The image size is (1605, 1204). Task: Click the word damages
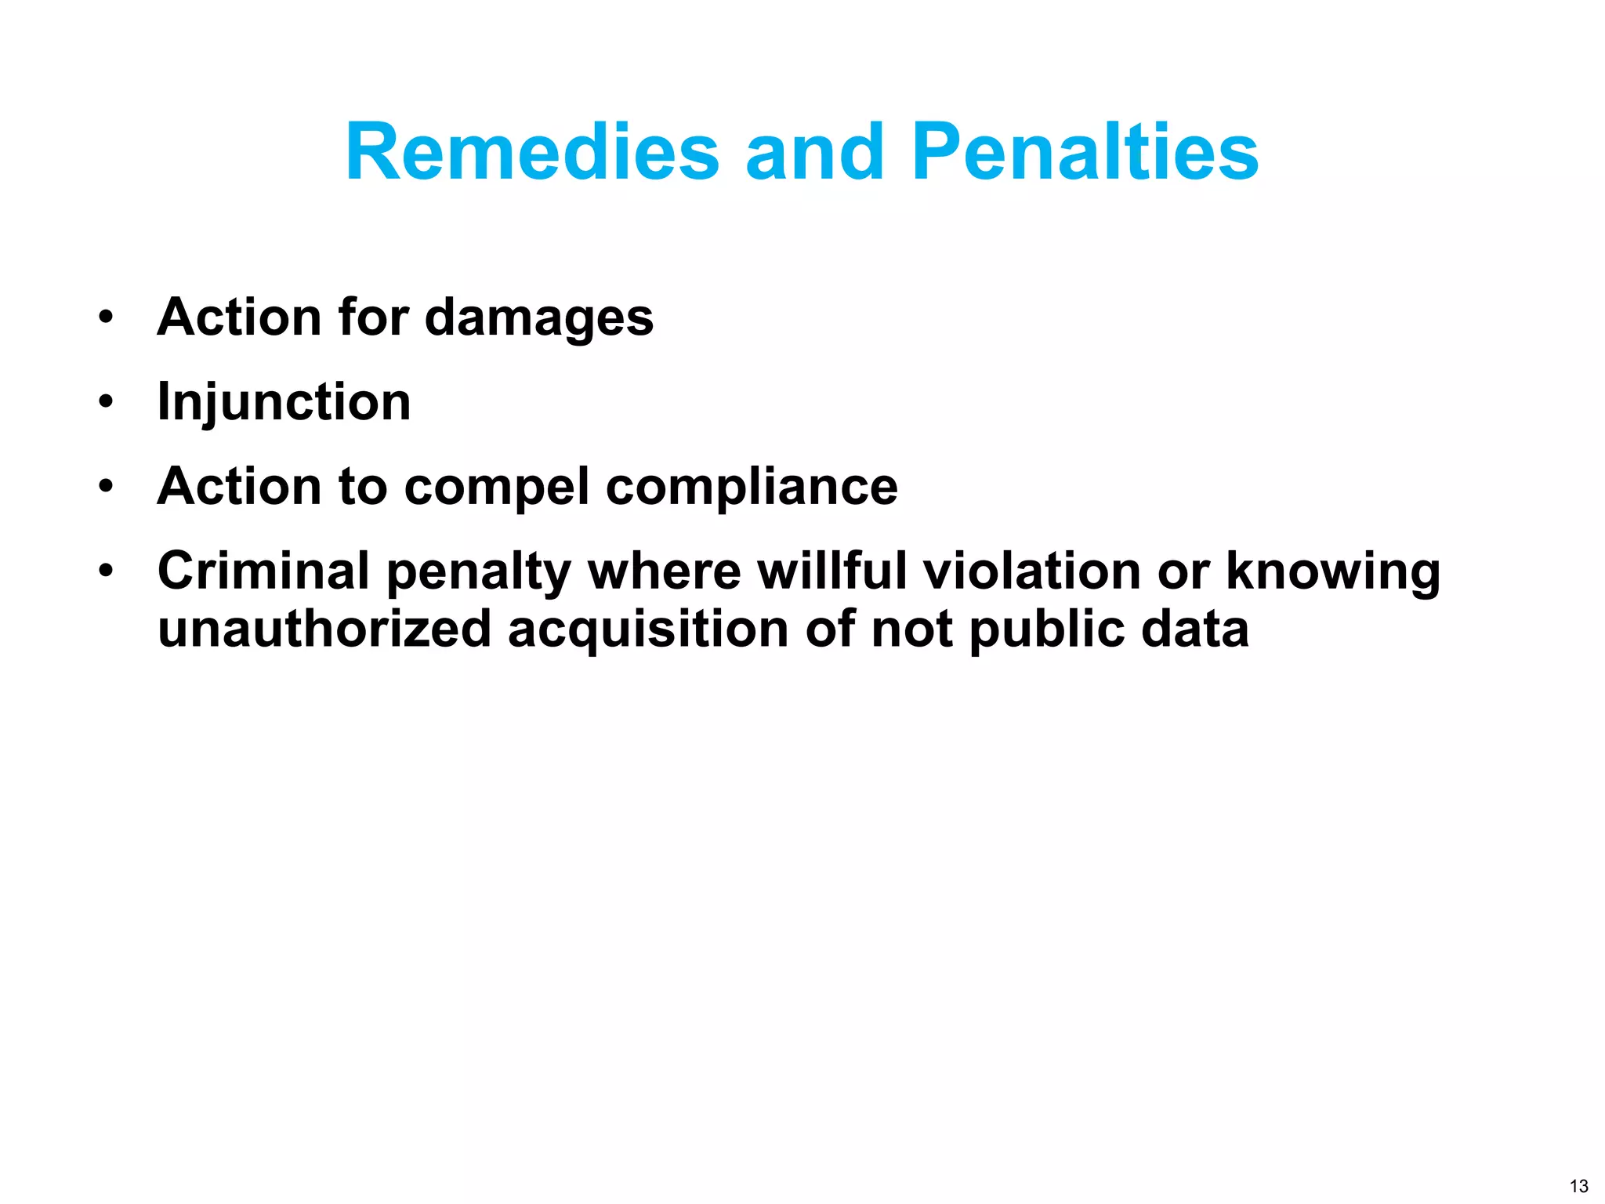tap(539, 318)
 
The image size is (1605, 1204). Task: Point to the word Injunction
tap(284, 402)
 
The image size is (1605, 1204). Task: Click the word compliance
tap(752, 487)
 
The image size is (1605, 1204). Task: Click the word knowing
tap(1333, 572)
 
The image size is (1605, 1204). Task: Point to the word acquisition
tap(648, 629)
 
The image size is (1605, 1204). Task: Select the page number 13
tap(1579, 1186)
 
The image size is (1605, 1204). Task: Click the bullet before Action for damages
tap(106, 318)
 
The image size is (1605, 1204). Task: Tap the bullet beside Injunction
tap(106, 403)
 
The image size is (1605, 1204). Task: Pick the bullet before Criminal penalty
tap(106, 571)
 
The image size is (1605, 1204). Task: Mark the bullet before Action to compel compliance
tap(106, 488)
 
